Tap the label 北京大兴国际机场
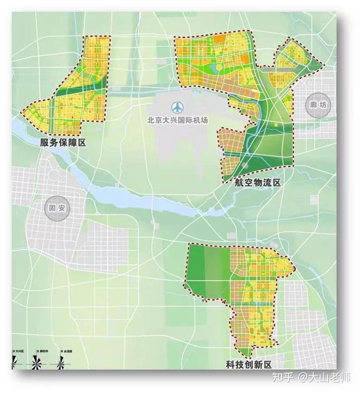177,119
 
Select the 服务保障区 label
63,142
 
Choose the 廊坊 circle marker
316,104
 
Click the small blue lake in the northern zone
213,69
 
